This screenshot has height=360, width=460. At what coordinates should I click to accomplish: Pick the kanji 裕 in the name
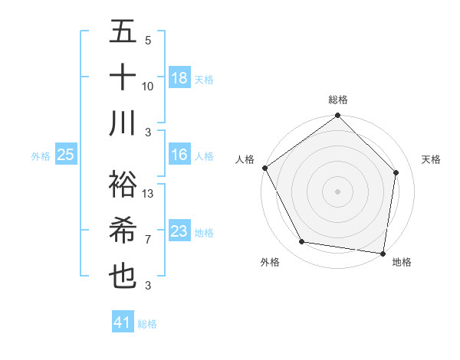123,185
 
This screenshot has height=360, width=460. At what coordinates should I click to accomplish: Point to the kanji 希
123,231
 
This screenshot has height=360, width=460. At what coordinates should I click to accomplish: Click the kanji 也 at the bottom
123,276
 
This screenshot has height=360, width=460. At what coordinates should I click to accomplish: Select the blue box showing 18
179,77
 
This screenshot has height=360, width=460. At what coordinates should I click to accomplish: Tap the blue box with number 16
179,155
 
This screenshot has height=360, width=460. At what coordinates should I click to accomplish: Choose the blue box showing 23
179,231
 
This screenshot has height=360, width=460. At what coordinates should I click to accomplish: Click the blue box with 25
66,155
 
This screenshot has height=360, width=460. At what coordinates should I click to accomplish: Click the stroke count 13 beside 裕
148,194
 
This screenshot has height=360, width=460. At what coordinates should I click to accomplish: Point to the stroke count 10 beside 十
148,86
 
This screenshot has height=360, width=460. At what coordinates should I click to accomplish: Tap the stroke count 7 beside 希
148,240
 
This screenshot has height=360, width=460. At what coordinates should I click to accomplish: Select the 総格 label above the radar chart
338,100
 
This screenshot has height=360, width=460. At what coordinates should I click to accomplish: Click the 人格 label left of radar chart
245,159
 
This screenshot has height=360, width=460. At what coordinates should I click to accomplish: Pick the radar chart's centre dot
338,191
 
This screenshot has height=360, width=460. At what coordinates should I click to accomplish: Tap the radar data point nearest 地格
383,253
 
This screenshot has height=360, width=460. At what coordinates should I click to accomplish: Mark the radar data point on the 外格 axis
302,242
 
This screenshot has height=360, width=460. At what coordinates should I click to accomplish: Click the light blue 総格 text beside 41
147,324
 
